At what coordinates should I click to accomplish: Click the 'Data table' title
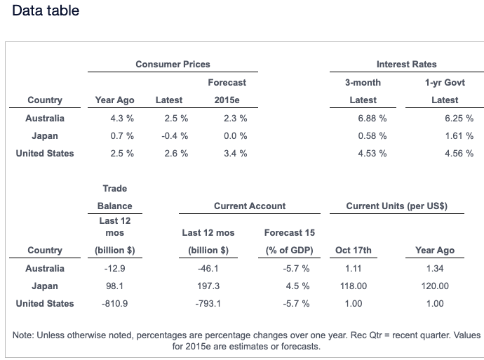(46, 11)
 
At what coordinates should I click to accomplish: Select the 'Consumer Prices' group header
(173, 65)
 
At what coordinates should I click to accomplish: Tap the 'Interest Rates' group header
(406, 65)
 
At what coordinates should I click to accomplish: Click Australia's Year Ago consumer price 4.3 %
(122, 119)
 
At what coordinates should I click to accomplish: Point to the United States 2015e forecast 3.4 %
(235, 154)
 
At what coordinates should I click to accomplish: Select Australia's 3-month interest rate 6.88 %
(372, 119)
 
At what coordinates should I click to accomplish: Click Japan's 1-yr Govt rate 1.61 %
(459, 136)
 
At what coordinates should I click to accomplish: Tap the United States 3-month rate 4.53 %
(372, 154)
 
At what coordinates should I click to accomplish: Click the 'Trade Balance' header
(114, 197)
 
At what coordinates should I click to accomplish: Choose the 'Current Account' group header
(250, 206)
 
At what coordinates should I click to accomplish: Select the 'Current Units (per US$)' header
(396, 206)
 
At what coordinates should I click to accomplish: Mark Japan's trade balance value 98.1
(114, 286)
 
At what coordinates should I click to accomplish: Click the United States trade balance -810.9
(114, 304)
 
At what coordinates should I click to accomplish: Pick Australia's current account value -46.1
(208, 269)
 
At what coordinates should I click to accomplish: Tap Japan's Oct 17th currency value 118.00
(354, 286)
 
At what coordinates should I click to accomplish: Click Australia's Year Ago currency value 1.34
(435, 269)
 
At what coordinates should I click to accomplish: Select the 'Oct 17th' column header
(354, 251)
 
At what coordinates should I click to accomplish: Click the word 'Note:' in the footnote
(24, 335)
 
